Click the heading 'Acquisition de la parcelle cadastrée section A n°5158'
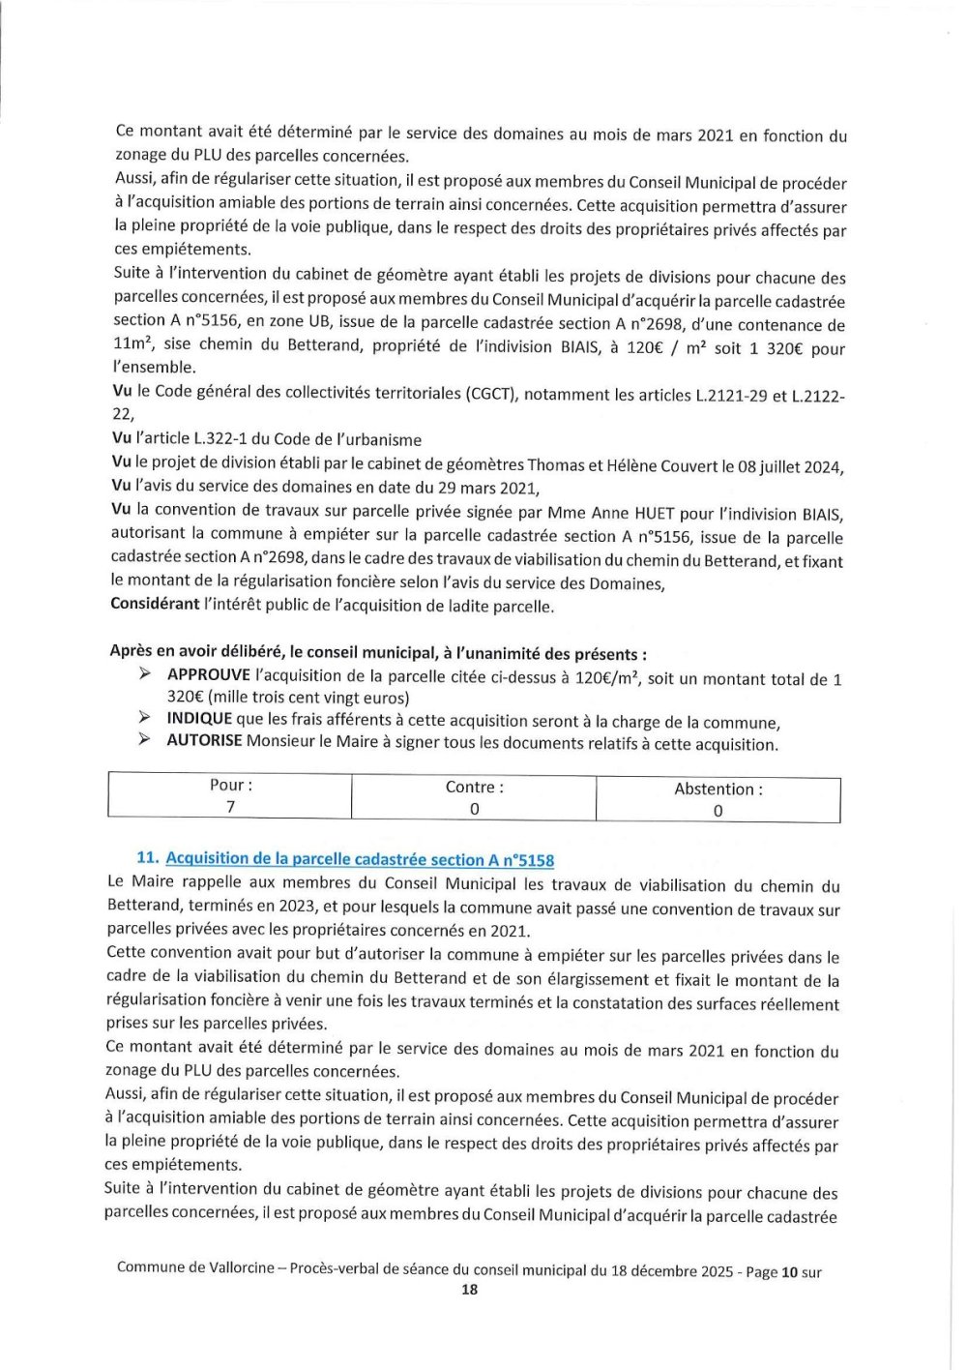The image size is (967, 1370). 360,859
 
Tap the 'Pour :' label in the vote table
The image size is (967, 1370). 231,786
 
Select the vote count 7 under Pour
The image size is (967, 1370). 231,807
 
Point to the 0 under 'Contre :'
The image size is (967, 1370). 474,809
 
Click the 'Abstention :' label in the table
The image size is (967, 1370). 718,789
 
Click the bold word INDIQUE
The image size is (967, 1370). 199,719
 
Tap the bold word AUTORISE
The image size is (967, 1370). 204,741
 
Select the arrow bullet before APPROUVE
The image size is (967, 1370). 145,674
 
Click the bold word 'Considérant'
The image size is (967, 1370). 155,605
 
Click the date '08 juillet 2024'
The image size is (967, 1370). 789,466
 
